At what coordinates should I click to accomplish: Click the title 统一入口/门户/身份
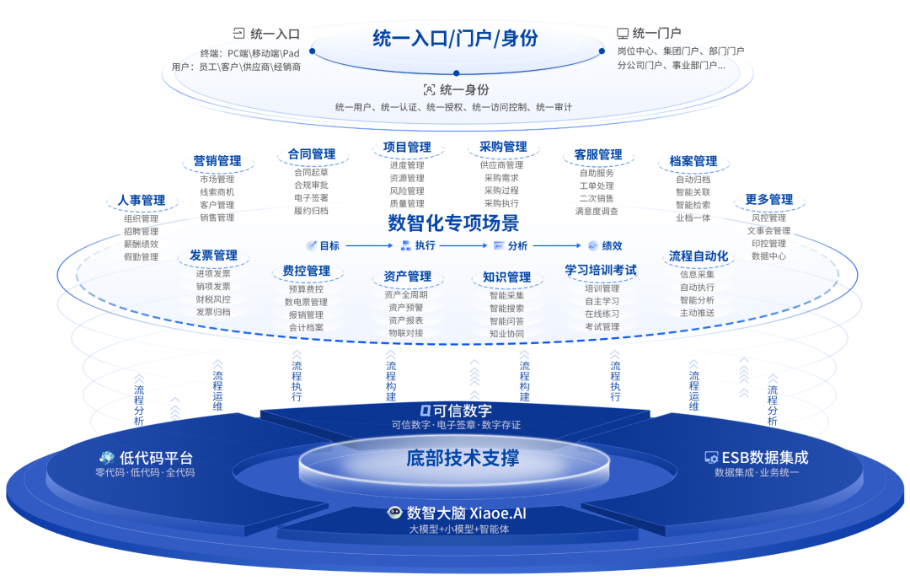[x=455, y=38]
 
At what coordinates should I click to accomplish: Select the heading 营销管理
[x=217, y=161]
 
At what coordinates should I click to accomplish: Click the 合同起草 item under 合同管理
[x=311, y=172]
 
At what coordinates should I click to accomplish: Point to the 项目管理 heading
[x=407, y=148]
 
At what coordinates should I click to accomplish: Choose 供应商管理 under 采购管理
[x=502, y=165]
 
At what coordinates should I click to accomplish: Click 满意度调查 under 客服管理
[x=597, y=212]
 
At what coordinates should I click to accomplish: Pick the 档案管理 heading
[x=693, y=161]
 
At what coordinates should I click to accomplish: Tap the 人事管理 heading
[x=142, y=201]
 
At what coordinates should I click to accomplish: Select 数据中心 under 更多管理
[x=768, y=255]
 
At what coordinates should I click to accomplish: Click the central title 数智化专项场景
[x=453, y=223]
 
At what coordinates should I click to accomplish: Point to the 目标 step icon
[x=312, y=246]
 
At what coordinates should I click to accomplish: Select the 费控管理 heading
[x=306, y=271]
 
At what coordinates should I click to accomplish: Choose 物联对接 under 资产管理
[x=406, y=333]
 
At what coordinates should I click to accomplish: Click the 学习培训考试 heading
[x=601, y=271]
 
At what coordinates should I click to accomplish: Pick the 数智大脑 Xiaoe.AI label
[x=459, y=513]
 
